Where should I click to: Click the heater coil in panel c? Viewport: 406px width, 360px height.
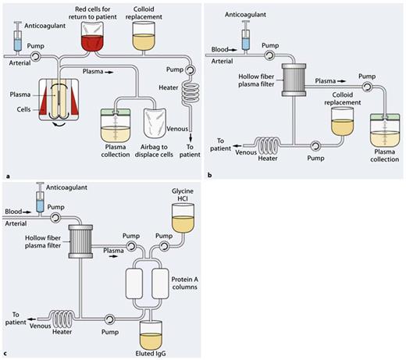(55, 314)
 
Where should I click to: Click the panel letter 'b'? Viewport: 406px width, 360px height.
(207, 175)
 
